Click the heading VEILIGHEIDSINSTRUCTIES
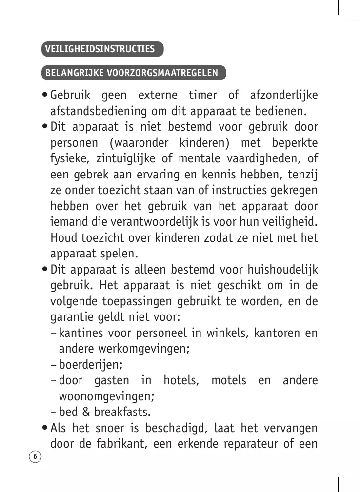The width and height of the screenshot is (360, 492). pyautogui.click(x=100, y=49)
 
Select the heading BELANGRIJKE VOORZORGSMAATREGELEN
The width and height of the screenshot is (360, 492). pyautogui.click(x=132, y=73)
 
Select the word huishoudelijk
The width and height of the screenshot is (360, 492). pyautogui.click(x=283, y=270)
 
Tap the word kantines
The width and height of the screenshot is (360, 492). pyautogui.click(x=80, y=333)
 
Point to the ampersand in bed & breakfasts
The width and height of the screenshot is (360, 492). pyautogui.click(x=86, y=412)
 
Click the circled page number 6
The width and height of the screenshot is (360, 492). pyautogui.click(x=36, y=456)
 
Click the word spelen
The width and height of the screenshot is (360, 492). pyautogui.click(x=121, y=254)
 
